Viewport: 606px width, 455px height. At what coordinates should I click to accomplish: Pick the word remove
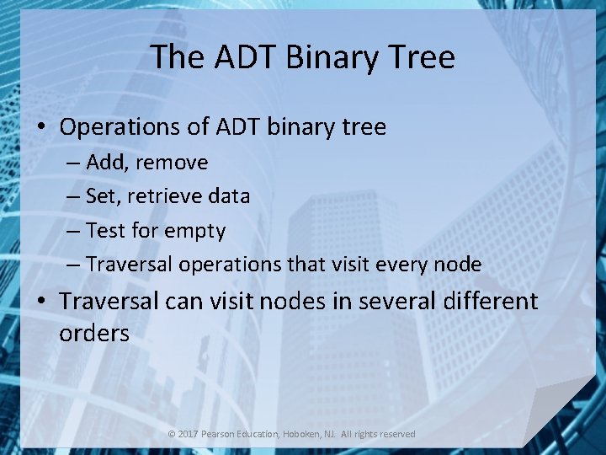pos(171,162)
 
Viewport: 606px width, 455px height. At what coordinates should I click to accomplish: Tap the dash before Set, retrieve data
pos(73,196)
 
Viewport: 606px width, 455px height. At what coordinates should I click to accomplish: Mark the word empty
pos(194,231)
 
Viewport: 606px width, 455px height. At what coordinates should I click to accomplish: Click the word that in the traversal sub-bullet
pos(309,264)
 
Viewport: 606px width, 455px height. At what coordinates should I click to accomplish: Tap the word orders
pos(94,334)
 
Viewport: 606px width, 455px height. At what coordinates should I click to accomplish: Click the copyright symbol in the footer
pos(172,434)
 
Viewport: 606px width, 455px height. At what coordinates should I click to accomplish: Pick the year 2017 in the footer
pos(188,434)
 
